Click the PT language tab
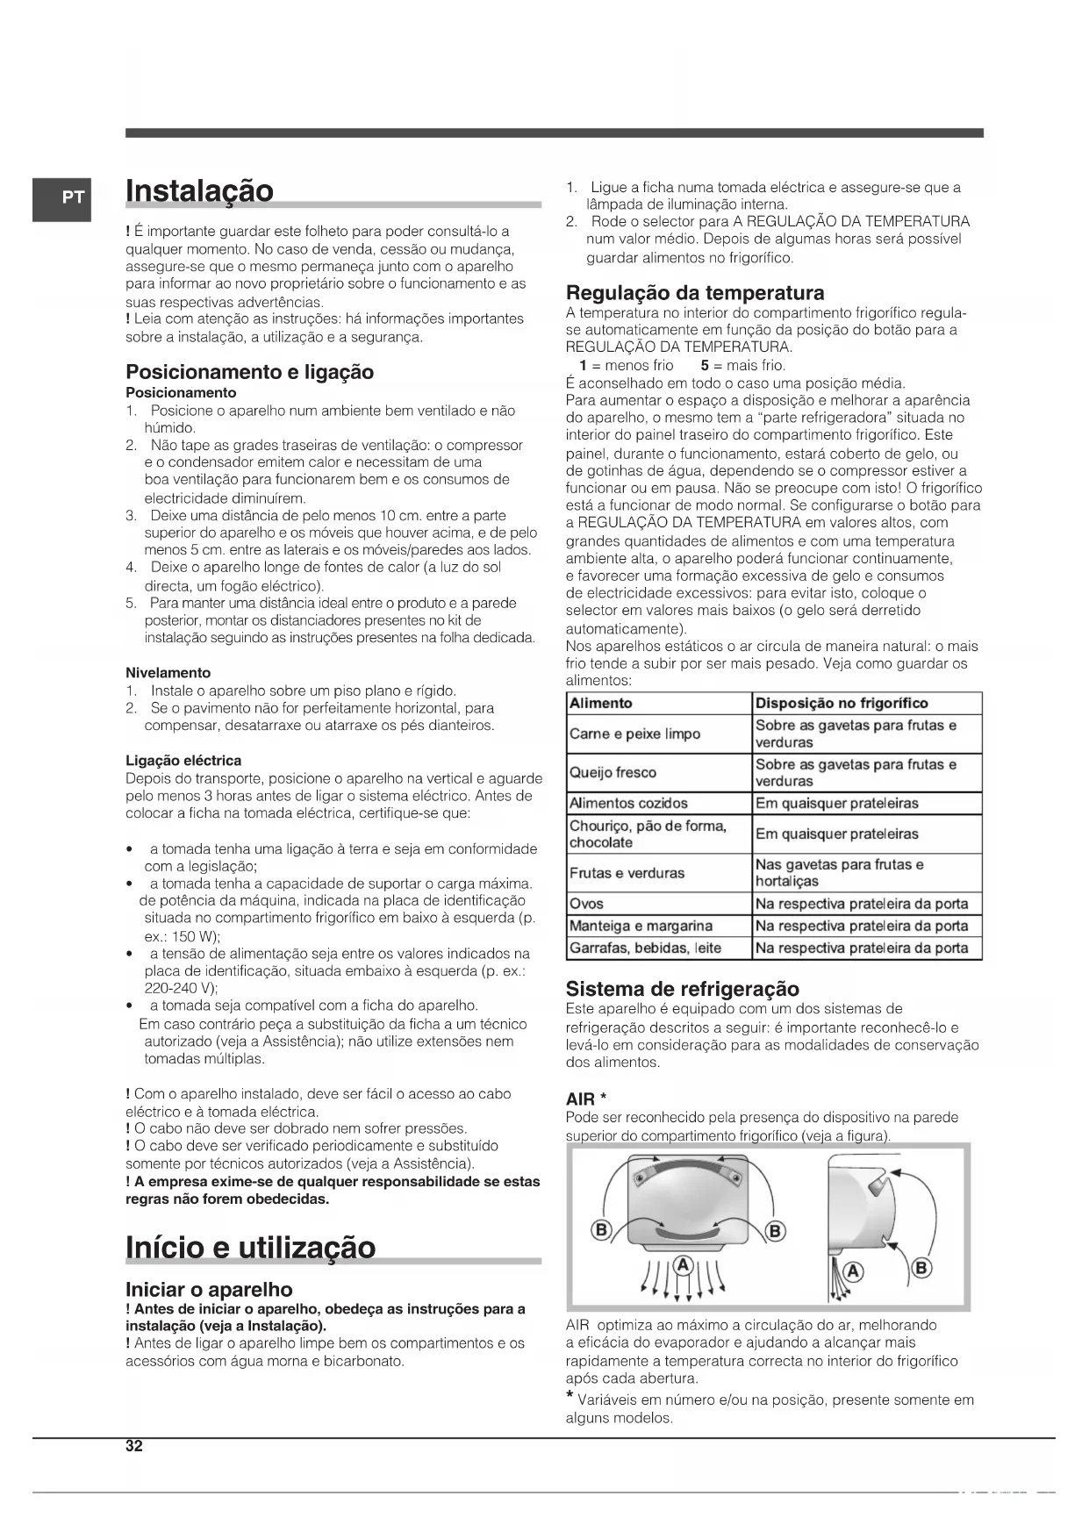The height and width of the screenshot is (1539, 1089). click(x=62, y=198)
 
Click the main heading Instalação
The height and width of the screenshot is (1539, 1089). click(x=199, y=190)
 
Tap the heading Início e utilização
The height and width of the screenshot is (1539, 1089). click(x=250, y=1247)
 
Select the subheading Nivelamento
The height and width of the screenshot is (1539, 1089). click(x=168, y=673)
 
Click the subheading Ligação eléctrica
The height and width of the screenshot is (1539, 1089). click(x=183, y=761)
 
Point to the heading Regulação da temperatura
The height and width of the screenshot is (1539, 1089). click(x=695, y=293)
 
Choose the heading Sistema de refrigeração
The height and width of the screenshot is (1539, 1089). click(x=682, y=990)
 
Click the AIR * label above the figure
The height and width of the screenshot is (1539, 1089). click(x=587, y=1099)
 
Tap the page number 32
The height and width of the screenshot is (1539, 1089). click(x=133, y=1447)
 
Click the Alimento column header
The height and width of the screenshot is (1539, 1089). click(x=601, y=703)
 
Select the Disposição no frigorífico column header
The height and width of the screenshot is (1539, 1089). click(x=841, y=703)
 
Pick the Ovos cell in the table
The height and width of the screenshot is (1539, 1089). click(x=586, y=904)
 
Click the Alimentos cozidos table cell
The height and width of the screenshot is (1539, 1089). click(x=628, y=803)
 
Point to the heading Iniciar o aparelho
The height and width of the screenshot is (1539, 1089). click(x=209, y=1289)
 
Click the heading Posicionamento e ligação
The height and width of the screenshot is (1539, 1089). click(x=249, y=372)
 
